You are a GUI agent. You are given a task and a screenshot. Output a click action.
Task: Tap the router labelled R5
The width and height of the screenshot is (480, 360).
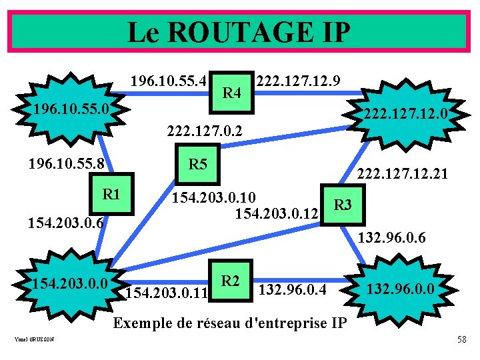pos(198,165)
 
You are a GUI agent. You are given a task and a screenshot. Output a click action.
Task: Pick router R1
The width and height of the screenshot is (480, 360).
pos(111,195)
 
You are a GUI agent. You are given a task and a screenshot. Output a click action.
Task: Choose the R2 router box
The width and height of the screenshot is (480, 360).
pos(231,281)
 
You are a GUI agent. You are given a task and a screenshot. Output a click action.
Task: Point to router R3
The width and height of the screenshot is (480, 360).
pos(342,204)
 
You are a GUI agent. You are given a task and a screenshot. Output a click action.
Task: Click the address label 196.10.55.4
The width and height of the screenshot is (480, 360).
pos(170,81)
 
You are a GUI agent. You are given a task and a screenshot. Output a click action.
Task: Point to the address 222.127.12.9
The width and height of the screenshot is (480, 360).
pos(299,81)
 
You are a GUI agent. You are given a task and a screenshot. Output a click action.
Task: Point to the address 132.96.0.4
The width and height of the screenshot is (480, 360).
pos(292,289)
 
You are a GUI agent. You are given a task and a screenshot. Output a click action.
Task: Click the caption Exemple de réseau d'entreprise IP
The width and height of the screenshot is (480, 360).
pos(230,323)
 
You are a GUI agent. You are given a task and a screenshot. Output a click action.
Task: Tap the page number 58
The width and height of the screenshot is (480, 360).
pos(461,341)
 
